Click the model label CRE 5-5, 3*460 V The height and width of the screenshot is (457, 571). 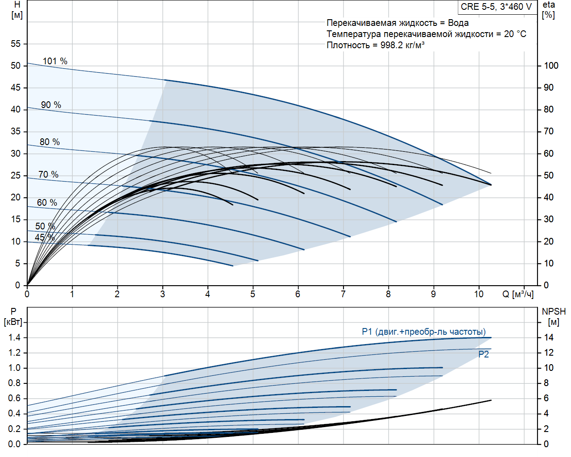[497, 7]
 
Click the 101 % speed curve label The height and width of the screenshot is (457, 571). [55, 61]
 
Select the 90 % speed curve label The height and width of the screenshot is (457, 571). [51, 105]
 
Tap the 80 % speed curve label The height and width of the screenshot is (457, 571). [50, 142]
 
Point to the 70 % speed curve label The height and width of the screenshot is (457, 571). [48, 174]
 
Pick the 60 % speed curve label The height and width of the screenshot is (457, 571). [47, 203]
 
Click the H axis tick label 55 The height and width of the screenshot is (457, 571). [16, 44]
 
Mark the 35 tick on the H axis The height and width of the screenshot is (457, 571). [16, 131]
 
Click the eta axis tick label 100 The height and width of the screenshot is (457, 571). [551, 66]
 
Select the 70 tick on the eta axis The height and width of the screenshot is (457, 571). [548, 131]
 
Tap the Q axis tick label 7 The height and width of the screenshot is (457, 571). [343, 294]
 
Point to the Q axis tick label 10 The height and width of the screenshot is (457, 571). [479, 294]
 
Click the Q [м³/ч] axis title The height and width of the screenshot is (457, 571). [518, 294]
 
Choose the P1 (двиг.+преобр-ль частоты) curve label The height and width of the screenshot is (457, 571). [423, 332]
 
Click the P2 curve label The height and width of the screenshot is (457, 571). [484, 354]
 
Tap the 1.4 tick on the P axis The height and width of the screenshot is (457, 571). [14, 337]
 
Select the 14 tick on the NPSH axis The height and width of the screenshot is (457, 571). [548, 337]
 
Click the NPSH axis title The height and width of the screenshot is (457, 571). [554, 312]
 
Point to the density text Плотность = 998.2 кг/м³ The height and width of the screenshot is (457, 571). [375, 45]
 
